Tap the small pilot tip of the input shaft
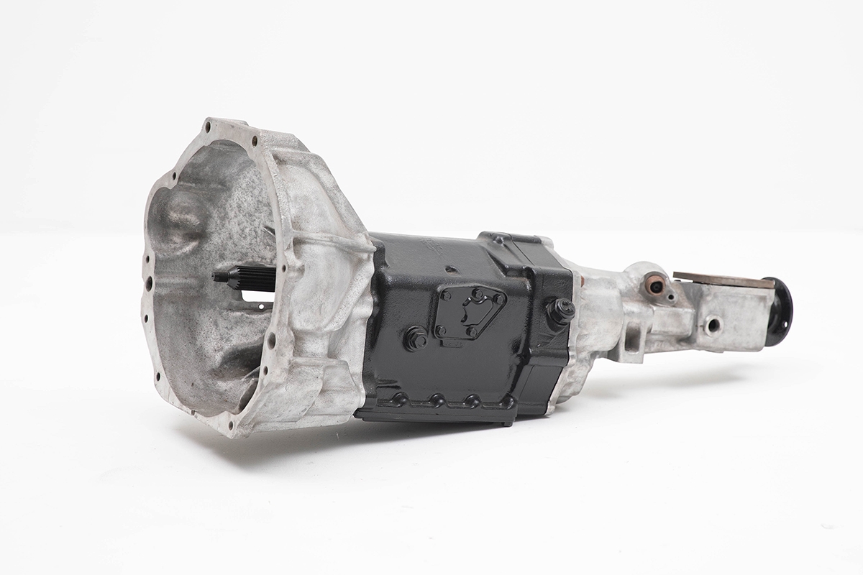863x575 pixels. (219, 275)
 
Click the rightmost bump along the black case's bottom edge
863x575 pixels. (508, 402)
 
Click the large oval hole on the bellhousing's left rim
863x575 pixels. (149, 283)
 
